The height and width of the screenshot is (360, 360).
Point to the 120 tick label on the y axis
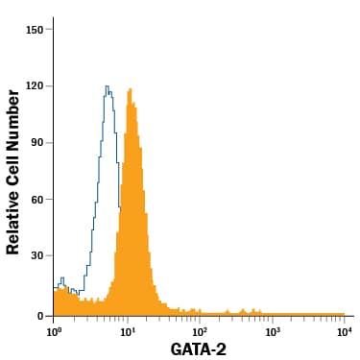(x=36, y=86)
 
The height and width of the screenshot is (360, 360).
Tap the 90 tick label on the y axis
(x=38, y=144)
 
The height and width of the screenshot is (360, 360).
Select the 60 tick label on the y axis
(x=38, y=201)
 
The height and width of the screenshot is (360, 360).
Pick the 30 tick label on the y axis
(x=38, y=258)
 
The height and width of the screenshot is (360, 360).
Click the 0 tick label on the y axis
(x=41, y=316)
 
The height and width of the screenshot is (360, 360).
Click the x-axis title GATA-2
(x=198, y=349)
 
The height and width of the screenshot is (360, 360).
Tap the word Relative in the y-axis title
(x=13, y=221)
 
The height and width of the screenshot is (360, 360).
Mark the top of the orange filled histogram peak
(x=130, y=89)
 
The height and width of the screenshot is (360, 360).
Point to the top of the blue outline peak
(x=107, y=86)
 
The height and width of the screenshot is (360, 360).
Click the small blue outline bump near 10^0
(x=62, y=279)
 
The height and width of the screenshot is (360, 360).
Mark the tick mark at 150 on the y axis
(x=51, y=29)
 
